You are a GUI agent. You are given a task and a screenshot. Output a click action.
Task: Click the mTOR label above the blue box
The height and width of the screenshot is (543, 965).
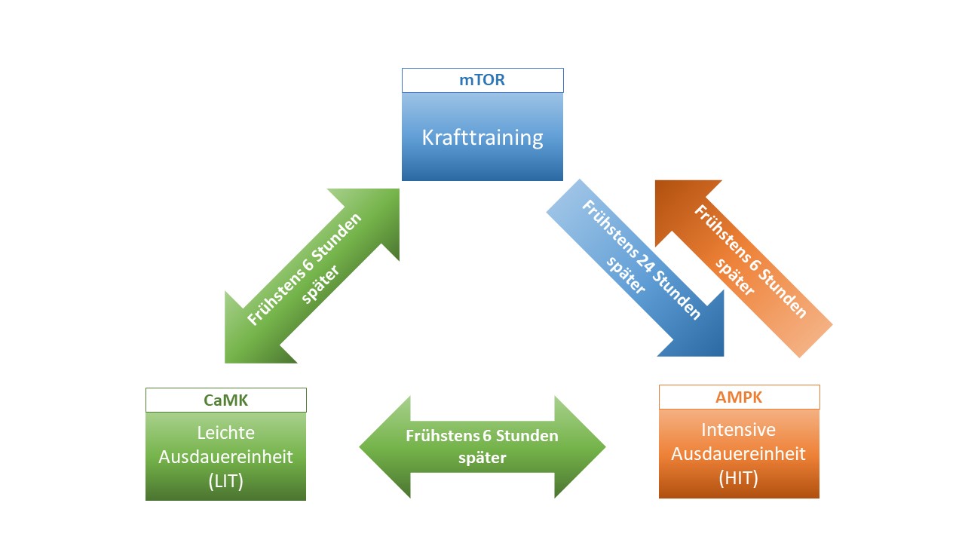pyautogui.click(x=482, y=80)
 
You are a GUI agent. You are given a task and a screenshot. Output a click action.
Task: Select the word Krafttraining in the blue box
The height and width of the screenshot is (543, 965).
pyautogui.click(x=482, y=138)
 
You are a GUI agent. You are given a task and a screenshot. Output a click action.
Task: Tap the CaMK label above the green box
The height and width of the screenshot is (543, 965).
pyautogui.click(x=225, y=400)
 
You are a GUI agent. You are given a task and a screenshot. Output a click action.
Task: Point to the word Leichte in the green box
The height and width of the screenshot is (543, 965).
pyautogui.click(x=225, y=433)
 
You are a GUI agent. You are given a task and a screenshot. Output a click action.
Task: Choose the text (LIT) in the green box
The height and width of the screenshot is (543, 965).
pyautogui.click(x=225, y=481)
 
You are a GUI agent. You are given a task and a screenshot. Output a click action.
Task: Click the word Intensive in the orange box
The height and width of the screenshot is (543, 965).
pyautogui.click(x=739, y=430)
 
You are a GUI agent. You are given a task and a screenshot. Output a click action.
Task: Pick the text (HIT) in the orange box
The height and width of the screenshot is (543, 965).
pyautogui.click(x=739, y=477)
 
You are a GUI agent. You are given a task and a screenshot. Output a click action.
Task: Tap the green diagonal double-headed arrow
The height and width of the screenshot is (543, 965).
pyautogui.click(x=311, y=276)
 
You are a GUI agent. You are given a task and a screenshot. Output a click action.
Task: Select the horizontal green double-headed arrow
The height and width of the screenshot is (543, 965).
pyautogui.click(x=482, y=446)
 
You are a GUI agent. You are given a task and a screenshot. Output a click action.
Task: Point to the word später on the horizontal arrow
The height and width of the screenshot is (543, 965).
pyautogui.click(x=482, y=458)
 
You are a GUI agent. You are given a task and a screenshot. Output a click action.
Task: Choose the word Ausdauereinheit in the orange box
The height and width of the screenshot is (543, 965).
pyautogui.click(x=739, y=454)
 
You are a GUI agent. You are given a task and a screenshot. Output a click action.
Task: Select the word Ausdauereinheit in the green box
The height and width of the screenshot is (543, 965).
pyautogui.click(x=225, y=457)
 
